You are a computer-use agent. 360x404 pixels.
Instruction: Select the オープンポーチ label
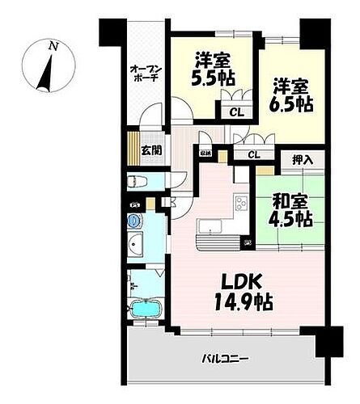click(146, 73)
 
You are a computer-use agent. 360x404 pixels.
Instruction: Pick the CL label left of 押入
click(253, 154)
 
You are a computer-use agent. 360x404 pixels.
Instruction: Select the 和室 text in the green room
click(286, 200)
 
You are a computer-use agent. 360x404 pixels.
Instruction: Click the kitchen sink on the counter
click(209, 225)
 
